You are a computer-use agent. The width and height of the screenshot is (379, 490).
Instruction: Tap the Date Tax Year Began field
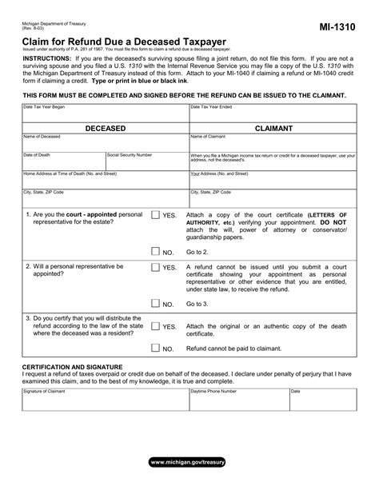(104, 113)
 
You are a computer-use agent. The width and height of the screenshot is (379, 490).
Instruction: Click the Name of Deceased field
(104, 143)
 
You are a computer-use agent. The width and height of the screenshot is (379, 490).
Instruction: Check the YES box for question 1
(154, 216)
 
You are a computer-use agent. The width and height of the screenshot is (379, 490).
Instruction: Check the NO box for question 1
(154, 251)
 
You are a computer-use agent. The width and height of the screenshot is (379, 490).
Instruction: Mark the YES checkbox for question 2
(154, 268)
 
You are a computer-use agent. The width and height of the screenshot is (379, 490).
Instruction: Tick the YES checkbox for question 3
(154, 326)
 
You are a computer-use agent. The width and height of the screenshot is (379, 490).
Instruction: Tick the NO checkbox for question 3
(154, 349)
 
